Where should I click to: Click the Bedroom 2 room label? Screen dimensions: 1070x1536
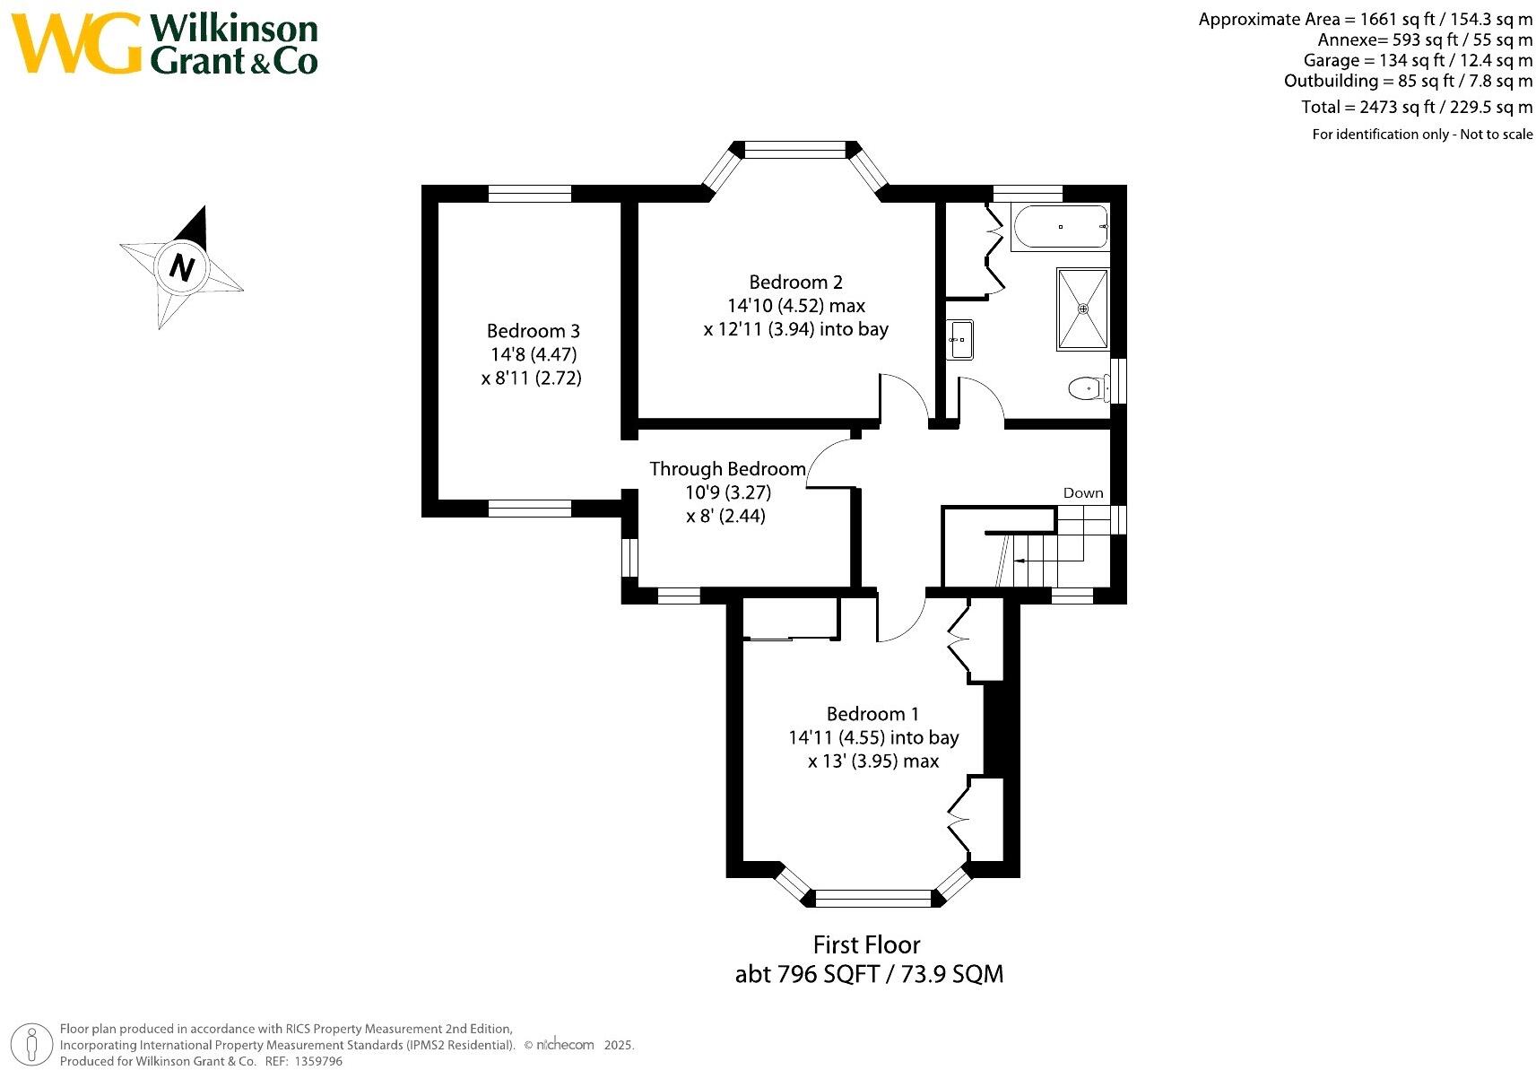coord(795,283)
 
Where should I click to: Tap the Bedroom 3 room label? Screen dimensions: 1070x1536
coord(533,331)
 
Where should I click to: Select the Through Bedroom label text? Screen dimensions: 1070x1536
coord(727,469)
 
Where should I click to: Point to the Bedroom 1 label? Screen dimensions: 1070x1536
coord(872,714)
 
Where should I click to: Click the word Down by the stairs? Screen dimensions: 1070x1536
coord(1082,493)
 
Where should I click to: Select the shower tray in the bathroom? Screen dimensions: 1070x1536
coord(1082,308)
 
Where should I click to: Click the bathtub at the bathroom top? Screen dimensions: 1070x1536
coord(1059,228)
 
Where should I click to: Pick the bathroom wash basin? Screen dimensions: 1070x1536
coord(960,339)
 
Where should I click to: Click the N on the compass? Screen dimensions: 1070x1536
coord(182,267)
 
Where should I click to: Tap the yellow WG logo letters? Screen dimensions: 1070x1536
coord(76,43)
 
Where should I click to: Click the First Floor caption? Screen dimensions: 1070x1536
coord(866,944)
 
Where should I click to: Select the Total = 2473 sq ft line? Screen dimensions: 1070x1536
coord(1417,108)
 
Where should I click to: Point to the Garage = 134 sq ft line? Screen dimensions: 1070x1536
coord(1418,60)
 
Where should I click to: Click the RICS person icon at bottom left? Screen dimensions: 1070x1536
coord(33,1045)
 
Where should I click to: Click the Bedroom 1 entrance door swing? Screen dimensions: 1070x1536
coord(899,619)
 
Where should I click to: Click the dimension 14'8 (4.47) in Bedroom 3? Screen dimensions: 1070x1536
coord(533,354)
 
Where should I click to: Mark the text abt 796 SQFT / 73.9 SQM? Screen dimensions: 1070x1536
coord(868,974)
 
